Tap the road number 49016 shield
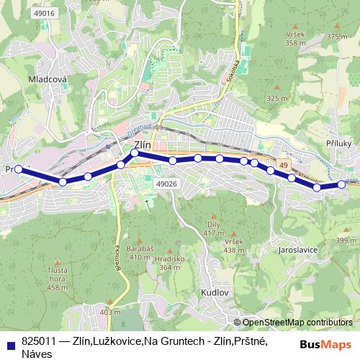pyautogui.click(x=44, y=14)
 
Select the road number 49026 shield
pyautogui.click(x=166, y=184)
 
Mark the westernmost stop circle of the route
pyautogui.click(x=19, y=170)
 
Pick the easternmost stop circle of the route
pyautogui.click(x=341, y=184)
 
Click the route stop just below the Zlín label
pyautogui.click(x=135, y=153)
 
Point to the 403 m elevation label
pyautogui.click(x=110, y=312)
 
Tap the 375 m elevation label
pyautogui.click(x=336, y=36)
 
